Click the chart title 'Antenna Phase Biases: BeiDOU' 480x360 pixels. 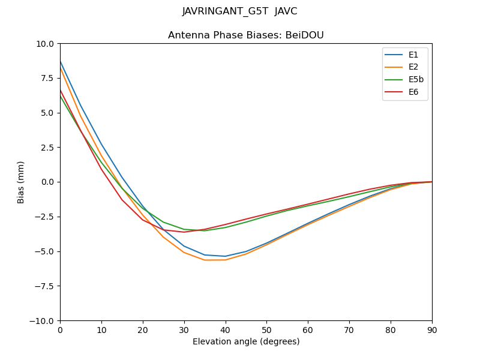pos(246,35)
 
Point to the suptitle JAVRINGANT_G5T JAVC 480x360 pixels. pos(240,11)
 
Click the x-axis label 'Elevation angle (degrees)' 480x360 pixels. pos(246,341)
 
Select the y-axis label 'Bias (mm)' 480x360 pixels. pos(21,182)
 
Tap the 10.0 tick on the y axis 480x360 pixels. pos(46,44)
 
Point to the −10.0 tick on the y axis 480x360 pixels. pos(43,320)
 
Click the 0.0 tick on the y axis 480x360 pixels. pos(47,182)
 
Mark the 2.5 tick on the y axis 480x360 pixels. pos(47,148)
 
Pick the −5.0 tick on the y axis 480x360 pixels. pos(45,251)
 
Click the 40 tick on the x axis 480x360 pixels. pos(226,329)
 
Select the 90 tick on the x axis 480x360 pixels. pos(432,329)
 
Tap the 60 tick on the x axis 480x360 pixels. pos(308,329)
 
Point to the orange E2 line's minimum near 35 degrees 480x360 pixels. pos(205,260)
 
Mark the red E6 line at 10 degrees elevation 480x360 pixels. pos(101,169)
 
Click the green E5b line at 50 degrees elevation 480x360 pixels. pos(266,215)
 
